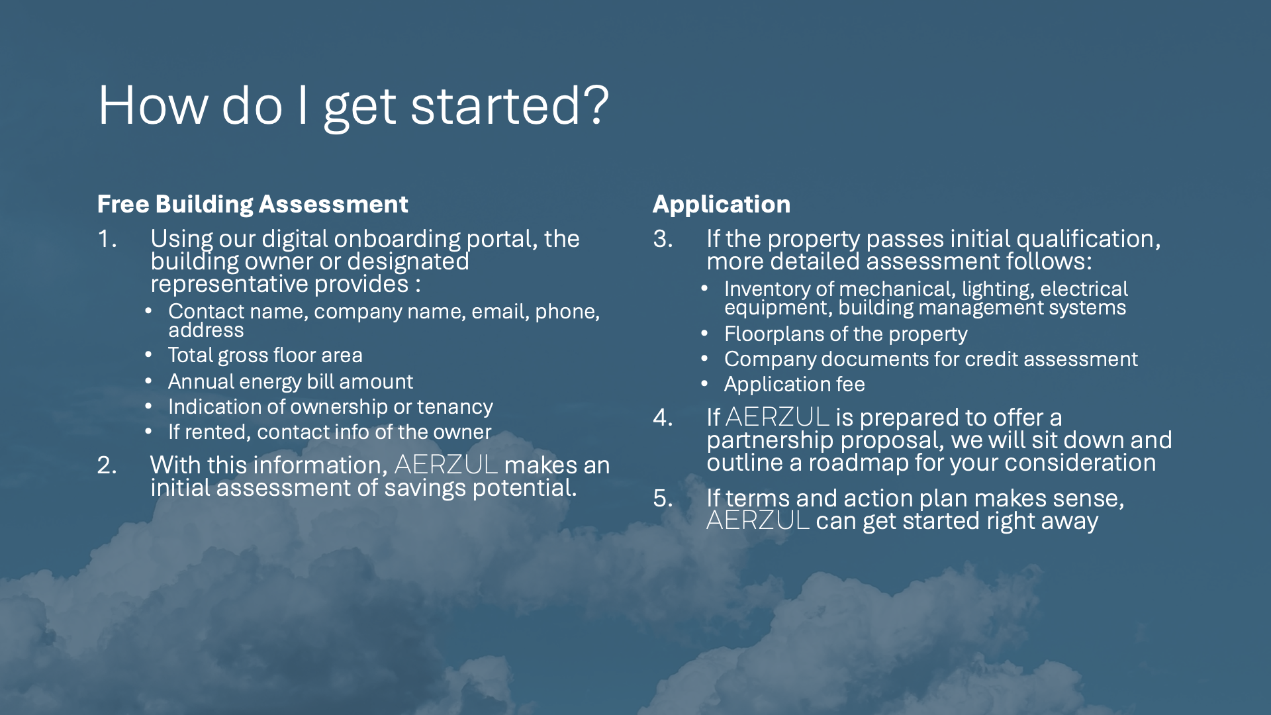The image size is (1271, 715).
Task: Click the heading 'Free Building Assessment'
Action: point(253,204)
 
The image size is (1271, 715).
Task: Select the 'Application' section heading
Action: point(722,204)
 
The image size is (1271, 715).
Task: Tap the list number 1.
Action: point(107,239)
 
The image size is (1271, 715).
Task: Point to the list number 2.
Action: point(107,465)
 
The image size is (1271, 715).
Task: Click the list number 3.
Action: point(663,239)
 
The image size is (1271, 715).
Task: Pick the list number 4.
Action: point(663,418)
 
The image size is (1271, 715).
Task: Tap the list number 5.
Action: point(663,499)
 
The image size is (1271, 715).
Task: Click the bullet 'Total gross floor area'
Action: point(265,356)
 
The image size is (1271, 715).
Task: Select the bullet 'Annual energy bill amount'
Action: point(291,381)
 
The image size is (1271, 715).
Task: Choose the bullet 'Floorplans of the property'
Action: point(846,334)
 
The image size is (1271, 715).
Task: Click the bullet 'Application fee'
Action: point(794,384)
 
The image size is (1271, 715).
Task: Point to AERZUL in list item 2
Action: point(446,465)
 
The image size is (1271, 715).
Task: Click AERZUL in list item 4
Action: point(777,417)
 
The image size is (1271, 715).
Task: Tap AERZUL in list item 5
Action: point(758,520)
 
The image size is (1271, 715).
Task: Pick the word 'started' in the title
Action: point(496,105)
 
